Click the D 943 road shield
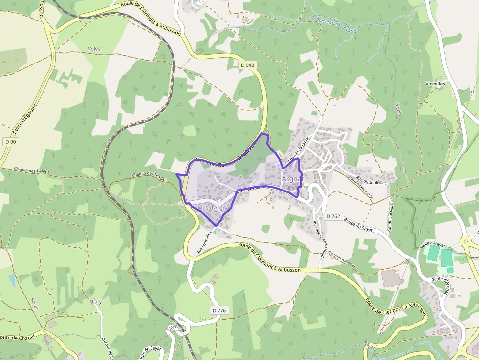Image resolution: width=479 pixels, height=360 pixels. (247, 65)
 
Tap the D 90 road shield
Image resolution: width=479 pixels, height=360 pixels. (10, 142)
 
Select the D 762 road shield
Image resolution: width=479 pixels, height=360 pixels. (334, 216)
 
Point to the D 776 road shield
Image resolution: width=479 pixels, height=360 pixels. (220, 311)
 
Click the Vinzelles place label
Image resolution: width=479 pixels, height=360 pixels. (435, 84)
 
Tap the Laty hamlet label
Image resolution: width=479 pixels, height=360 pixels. (97, 302)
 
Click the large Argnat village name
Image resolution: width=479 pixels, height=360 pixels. (293, 179)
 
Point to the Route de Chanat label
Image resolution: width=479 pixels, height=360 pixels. (16, 337)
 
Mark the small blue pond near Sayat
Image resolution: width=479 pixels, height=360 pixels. (12, 279)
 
